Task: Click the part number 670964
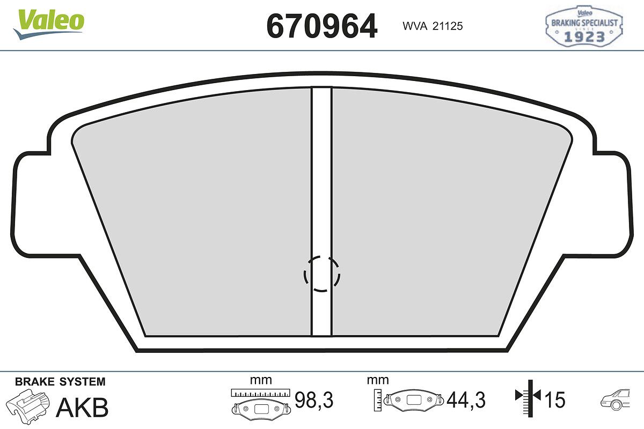(321, 26)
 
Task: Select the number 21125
(448, 26)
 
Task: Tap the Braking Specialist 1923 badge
(584, 26)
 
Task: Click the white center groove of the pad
(321, 211)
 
